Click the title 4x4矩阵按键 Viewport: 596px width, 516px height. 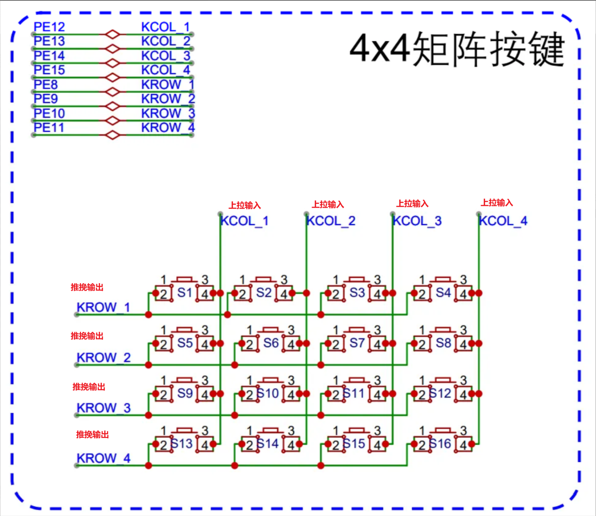coord(457,49)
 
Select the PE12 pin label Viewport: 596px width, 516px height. coord(49,27)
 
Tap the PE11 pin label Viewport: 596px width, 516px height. coord(49,128)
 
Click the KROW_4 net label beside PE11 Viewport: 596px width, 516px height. coord(168,128)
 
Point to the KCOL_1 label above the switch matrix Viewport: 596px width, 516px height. coord(244,221)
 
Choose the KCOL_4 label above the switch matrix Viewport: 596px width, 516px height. coord(503,221)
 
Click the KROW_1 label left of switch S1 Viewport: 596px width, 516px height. coord(103,307)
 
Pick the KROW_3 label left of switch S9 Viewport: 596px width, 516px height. coord(103,408)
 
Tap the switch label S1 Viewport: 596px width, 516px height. coord(184,293)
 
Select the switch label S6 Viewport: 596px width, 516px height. coord(271,343)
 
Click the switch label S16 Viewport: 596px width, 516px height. coord(440,443)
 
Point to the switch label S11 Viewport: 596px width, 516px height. coord(354,393)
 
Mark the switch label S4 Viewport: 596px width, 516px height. coord(443,293)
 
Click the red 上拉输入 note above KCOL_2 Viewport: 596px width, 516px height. coord(328,205)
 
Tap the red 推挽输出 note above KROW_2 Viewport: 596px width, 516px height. coord(87,336)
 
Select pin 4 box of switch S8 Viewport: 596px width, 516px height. coord(463,345)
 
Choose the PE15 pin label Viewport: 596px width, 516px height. coord(49,70)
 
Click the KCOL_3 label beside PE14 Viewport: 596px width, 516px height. coord(165,55)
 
